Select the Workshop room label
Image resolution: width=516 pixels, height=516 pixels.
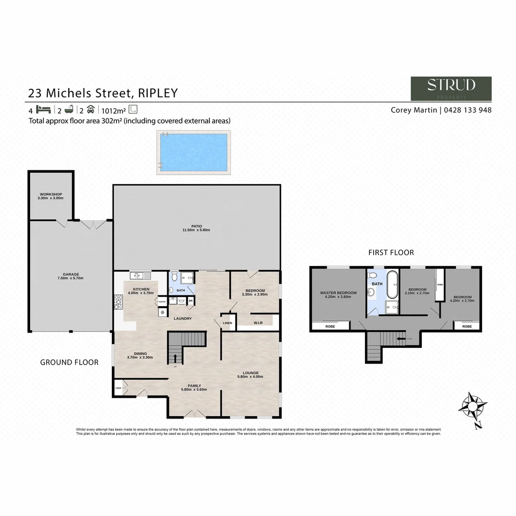[x=51, y=194]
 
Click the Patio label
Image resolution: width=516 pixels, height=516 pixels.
[x=196, y=226]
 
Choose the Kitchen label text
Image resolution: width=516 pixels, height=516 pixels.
[x=141, y=289]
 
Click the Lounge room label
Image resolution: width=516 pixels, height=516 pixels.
[x=250, y=373]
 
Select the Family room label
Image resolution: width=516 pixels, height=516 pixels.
[x=194, y=386]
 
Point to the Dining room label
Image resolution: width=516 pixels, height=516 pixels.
[x=140, y=354]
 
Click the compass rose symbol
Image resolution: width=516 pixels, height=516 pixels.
[x=473, y=407]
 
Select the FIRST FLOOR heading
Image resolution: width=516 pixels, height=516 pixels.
[x=391, y=252]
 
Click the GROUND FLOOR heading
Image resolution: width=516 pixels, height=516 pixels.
[x=69, y=362]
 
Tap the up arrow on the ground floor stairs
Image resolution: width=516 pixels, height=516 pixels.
[x=175, y=358]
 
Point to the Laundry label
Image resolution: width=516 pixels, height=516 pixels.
[x=183, y=318]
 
